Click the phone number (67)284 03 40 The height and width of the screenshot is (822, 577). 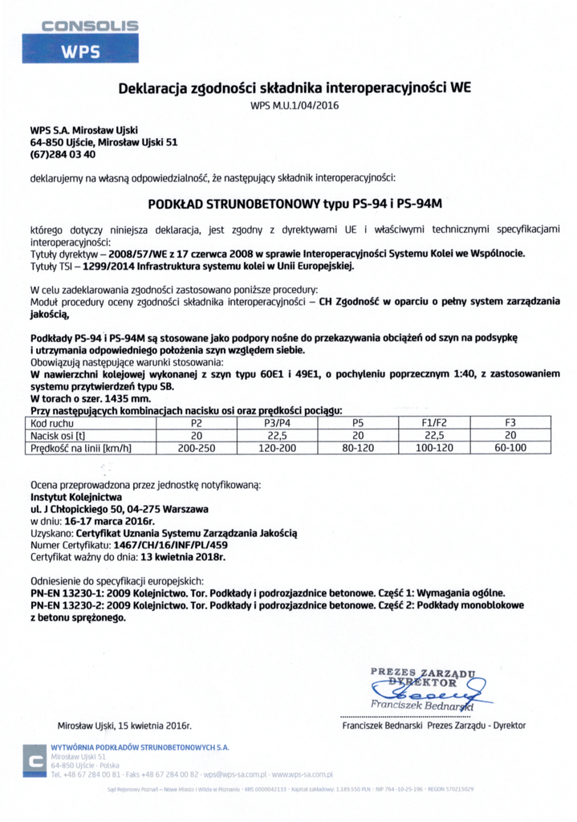(x=63, y=154)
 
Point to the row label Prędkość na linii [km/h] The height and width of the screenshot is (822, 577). (x=81, y=448)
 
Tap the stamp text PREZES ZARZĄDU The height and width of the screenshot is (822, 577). (x=423, y=671)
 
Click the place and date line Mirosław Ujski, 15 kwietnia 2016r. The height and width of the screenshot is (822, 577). (x=124, y=726)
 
